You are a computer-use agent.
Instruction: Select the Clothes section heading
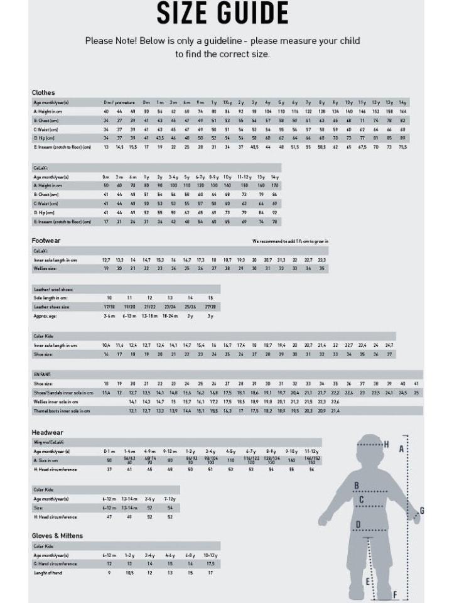click(43, 92)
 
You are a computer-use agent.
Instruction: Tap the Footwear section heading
click(46, 241)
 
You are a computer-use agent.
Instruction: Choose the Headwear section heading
click(48, 432)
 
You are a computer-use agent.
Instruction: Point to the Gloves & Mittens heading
click(57, 535)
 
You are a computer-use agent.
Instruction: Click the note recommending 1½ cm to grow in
click(290, 241)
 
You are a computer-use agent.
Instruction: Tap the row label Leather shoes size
click(51, 307)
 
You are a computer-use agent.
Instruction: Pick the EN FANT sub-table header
click(42, 374)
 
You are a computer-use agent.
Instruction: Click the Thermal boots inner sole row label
click(62, 411)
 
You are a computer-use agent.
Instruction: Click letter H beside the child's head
click(387, 445)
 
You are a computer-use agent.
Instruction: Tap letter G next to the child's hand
click(422, 510)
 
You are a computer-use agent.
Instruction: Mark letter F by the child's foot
click(395, 594)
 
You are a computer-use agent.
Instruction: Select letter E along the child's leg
click(368, 582)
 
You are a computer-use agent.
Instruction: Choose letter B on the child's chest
click(357, 485)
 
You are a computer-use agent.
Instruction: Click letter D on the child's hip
click(358, 524)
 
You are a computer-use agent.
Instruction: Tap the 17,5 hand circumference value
click(210, 564)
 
